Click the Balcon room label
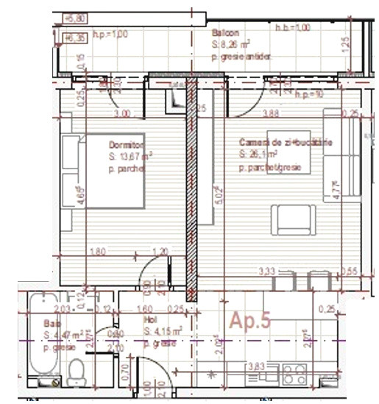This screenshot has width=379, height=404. point(225,34)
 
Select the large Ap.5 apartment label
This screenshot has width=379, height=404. point(250,320)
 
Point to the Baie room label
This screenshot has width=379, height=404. point(52,323)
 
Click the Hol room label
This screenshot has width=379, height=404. point(150,321)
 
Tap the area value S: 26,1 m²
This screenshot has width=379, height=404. point(258,155)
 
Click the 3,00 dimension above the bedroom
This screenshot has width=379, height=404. point(122,113)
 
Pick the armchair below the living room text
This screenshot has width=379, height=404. point(294,219)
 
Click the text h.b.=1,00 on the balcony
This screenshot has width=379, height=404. point(293,27)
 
